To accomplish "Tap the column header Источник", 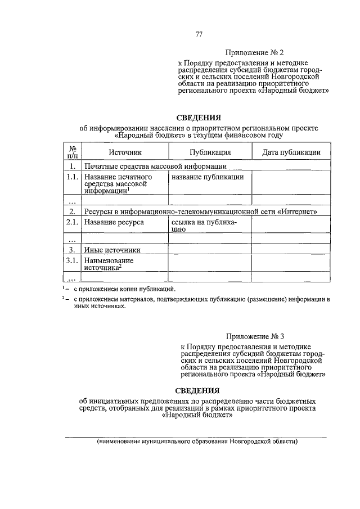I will coord(125,152).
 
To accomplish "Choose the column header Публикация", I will coord(210,152).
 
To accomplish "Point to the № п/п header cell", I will coord(72,152).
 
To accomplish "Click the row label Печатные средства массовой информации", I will coord(155,166).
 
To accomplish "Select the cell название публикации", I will coord(208,177).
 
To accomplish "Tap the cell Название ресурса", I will coord(114,222).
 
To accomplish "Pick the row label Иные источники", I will coord(112,250).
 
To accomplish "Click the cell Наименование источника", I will coord(109,264).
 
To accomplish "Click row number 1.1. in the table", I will coord(72,177).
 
